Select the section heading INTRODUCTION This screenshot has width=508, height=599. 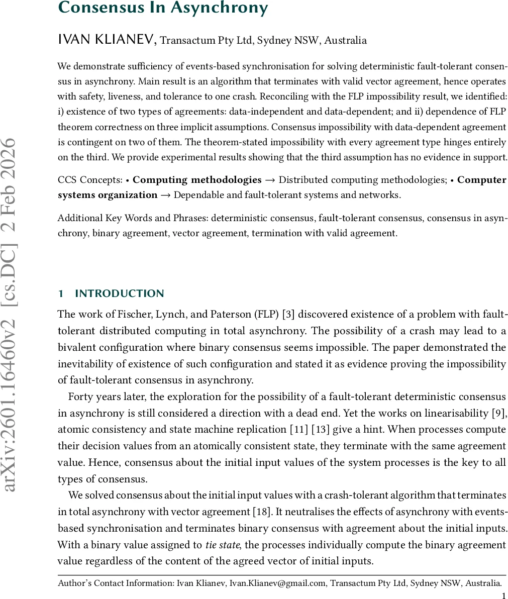click(x=120, y=293)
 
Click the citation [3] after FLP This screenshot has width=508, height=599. click(x=288, y=315)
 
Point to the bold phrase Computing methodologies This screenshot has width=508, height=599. click(x=197, y=180)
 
